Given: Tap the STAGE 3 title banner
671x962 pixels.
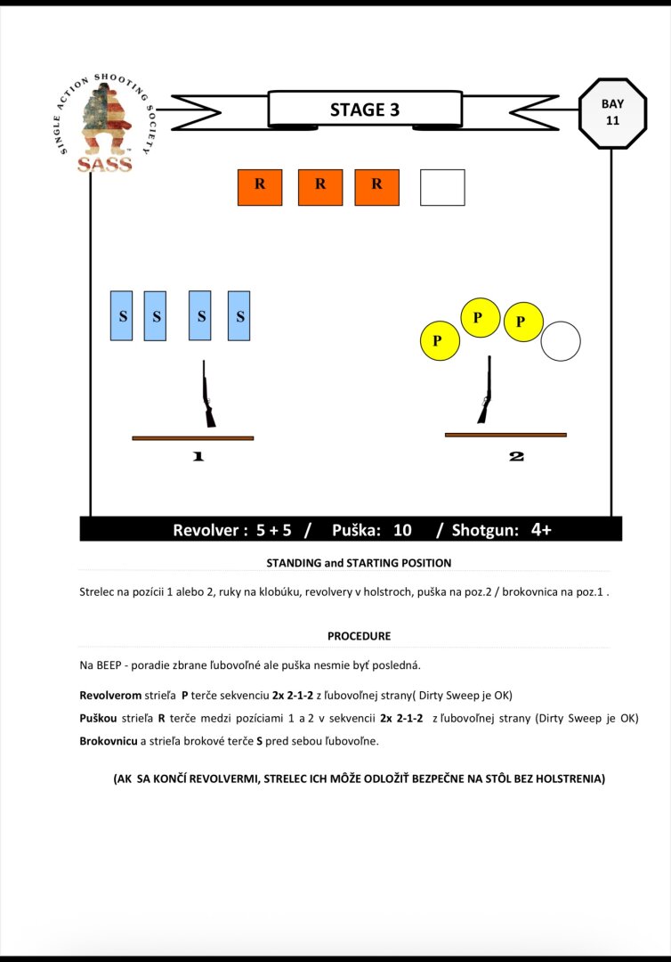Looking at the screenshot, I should click(365, 110).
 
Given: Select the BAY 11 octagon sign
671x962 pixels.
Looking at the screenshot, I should click(612, 111).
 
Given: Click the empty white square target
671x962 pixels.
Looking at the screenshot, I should click(442, 187).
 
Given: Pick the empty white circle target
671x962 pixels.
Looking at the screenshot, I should click(561, 341).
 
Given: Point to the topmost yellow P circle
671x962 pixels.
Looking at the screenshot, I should click(480, 317).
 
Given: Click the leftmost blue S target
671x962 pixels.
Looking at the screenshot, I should click(122, 315).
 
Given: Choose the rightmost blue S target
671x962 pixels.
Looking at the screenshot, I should click(238, 315).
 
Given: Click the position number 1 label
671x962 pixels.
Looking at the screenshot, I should click(198, 456).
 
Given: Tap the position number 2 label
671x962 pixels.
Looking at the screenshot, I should click(516, 456).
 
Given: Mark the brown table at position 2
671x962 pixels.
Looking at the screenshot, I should click(505, 435).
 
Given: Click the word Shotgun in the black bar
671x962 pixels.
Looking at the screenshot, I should click(485, 530).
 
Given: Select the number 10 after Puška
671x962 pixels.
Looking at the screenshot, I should click(402, 530).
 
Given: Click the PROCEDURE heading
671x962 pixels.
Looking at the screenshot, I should click(359, 636).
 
